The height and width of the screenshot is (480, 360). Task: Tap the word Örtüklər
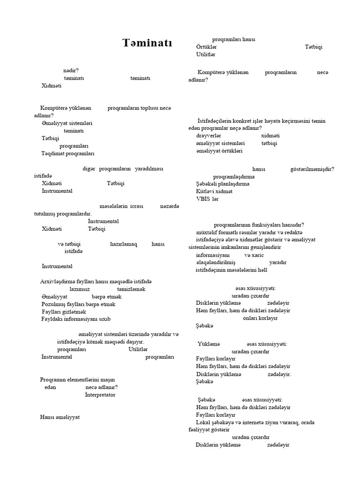[206, 47]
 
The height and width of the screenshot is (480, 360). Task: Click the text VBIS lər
[207, 199]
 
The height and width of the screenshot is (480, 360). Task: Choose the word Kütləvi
[205, 191]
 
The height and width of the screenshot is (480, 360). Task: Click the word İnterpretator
[100, 395]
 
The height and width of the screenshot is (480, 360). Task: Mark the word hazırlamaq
[123, 244]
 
